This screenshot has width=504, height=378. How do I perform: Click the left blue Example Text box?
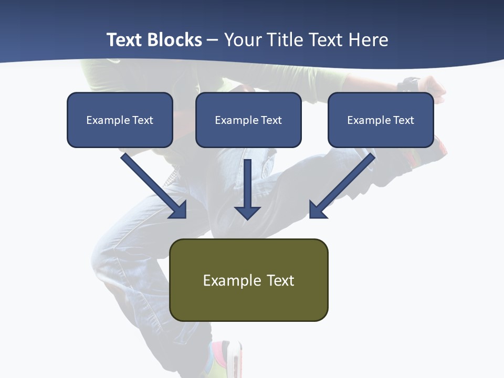[120, 120]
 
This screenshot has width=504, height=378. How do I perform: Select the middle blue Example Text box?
[248, 120]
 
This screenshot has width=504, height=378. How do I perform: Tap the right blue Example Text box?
[381, 120]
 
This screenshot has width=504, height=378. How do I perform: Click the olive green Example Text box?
[249, 280]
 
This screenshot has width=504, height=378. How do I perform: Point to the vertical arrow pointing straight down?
[247, 189]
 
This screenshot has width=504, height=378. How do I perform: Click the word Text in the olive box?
[281, 280]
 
